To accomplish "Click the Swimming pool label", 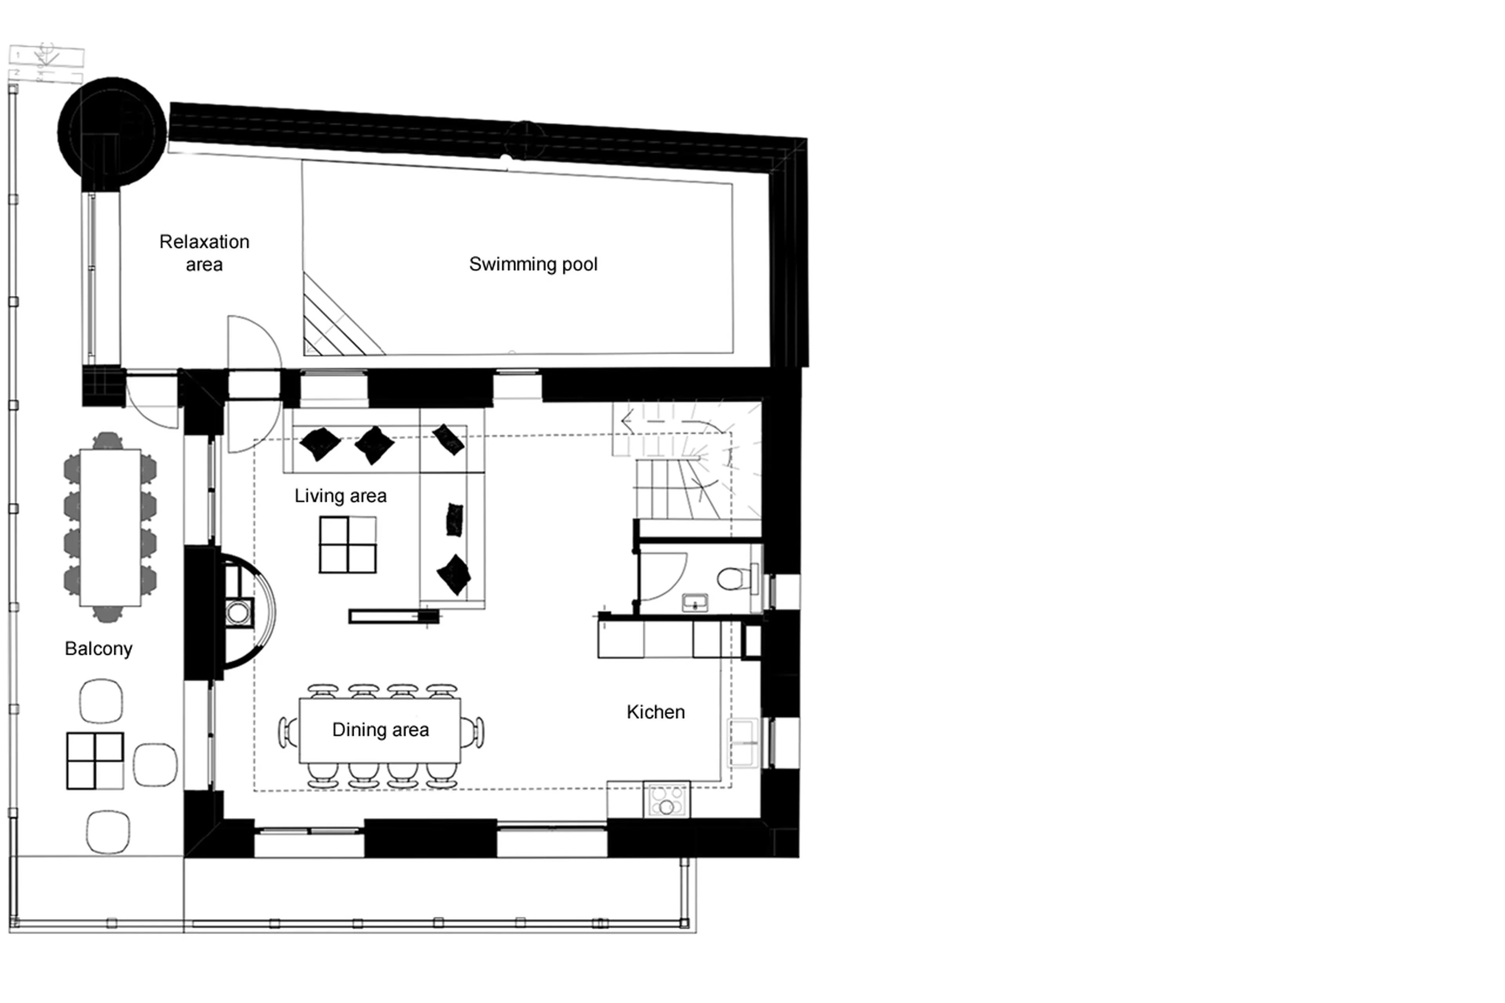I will coord(533,264).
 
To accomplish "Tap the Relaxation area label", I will coord(204,253).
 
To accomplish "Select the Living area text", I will coord(340,496).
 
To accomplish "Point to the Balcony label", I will coord(98,649).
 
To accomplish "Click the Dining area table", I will coord(380,730).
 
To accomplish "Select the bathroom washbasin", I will coord(694,602).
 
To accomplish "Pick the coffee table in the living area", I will coord(347,544).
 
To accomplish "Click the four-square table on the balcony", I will coord(95,760).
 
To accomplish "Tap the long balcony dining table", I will coord(110,527).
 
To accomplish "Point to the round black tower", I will coord(112,131).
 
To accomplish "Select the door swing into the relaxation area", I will coord(253,342).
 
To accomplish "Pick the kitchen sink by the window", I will coord(743,743).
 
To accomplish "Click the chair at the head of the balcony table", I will coord(107,440).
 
